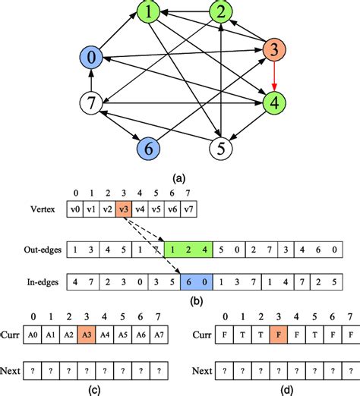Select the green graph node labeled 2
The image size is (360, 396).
(220, 13)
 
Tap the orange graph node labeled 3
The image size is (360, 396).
(274, 51)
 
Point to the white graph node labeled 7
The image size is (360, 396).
(90, 102)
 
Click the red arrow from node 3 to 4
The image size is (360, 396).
(274, 77)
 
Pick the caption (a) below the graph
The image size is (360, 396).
(179, 178)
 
